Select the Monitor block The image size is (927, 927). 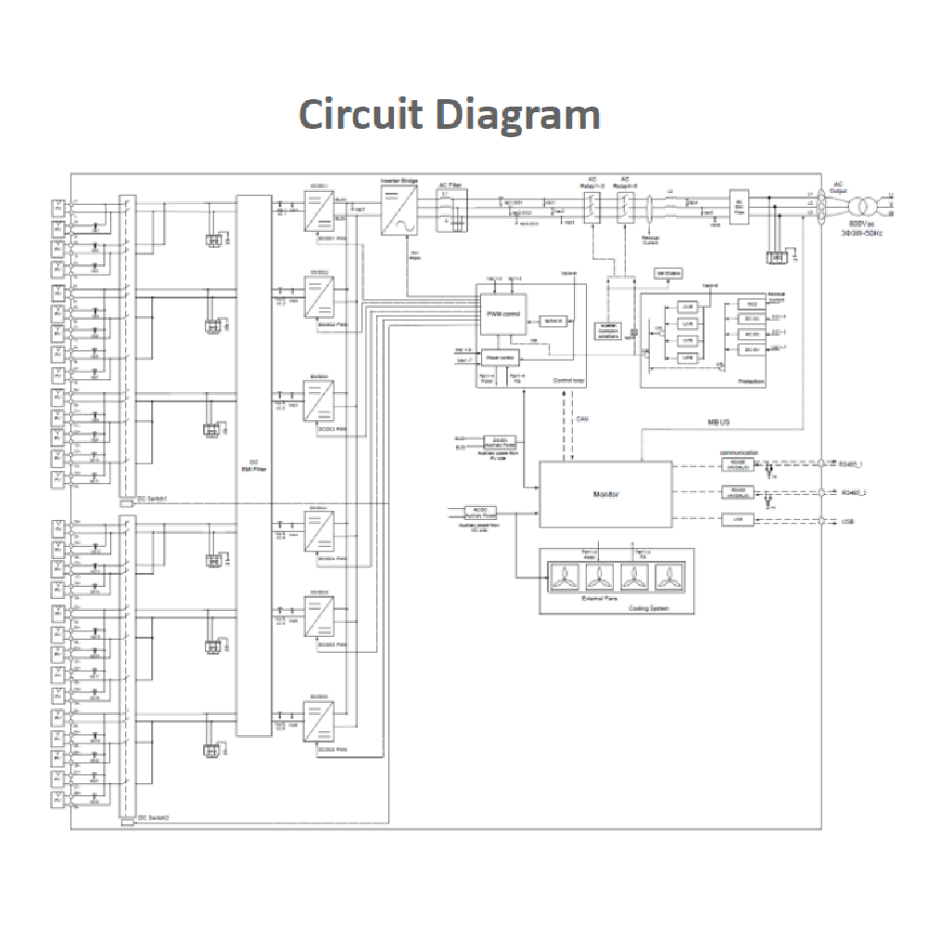(x=605, y=494)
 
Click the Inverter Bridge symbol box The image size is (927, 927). (x=400, y=210)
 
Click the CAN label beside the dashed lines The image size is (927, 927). (x=581, y=419)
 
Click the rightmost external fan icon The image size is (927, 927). (x=668, y=577)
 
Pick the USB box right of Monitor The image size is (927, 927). (x=738, y=520)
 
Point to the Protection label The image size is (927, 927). (x=751, y=381)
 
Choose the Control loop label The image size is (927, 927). (x=566, y=381)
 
